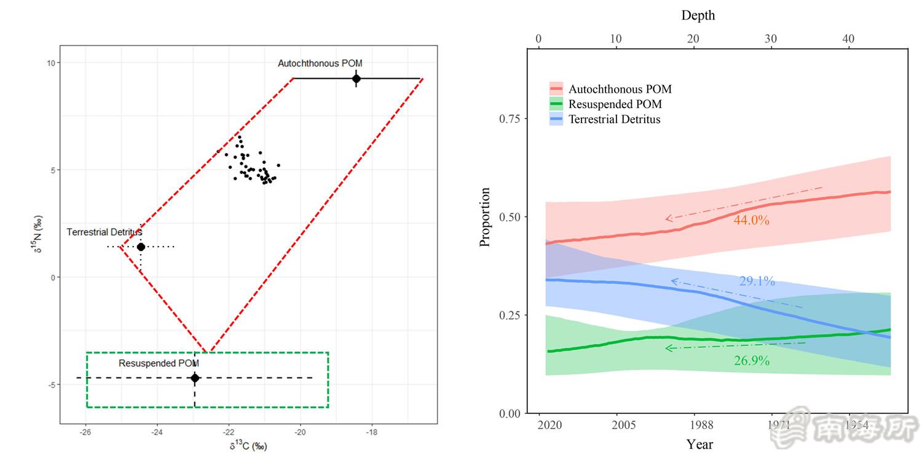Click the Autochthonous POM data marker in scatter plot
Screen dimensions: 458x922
pos(356,79)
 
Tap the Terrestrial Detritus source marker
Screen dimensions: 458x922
pos(141,247)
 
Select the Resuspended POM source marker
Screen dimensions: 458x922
pos(195,377)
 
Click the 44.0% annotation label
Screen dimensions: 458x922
pos(751,220)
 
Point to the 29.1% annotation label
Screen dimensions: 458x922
pos(757,282)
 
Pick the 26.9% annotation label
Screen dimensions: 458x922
pos(751,361)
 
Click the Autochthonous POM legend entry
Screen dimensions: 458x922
pos(620,89)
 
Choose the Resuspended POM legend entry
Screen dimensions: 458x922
pos(615,105)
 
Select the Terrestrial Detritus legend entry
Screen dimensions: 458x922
pos(614,119)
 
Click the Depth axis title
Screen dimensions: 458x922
pos(698,15)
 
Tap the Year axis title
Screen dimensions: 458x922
pos(699,443)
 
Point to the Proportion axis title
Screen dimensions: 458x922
pos(485,218)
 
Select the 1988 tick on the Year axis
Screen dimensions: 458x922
pos(701,425)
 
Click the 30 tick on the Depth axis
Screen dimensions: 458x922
pos(771,39)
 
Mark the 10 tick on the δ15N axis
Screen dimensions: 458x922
pos(51,63)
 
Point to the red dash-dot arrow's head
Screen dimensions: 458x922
pos(667,218)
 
